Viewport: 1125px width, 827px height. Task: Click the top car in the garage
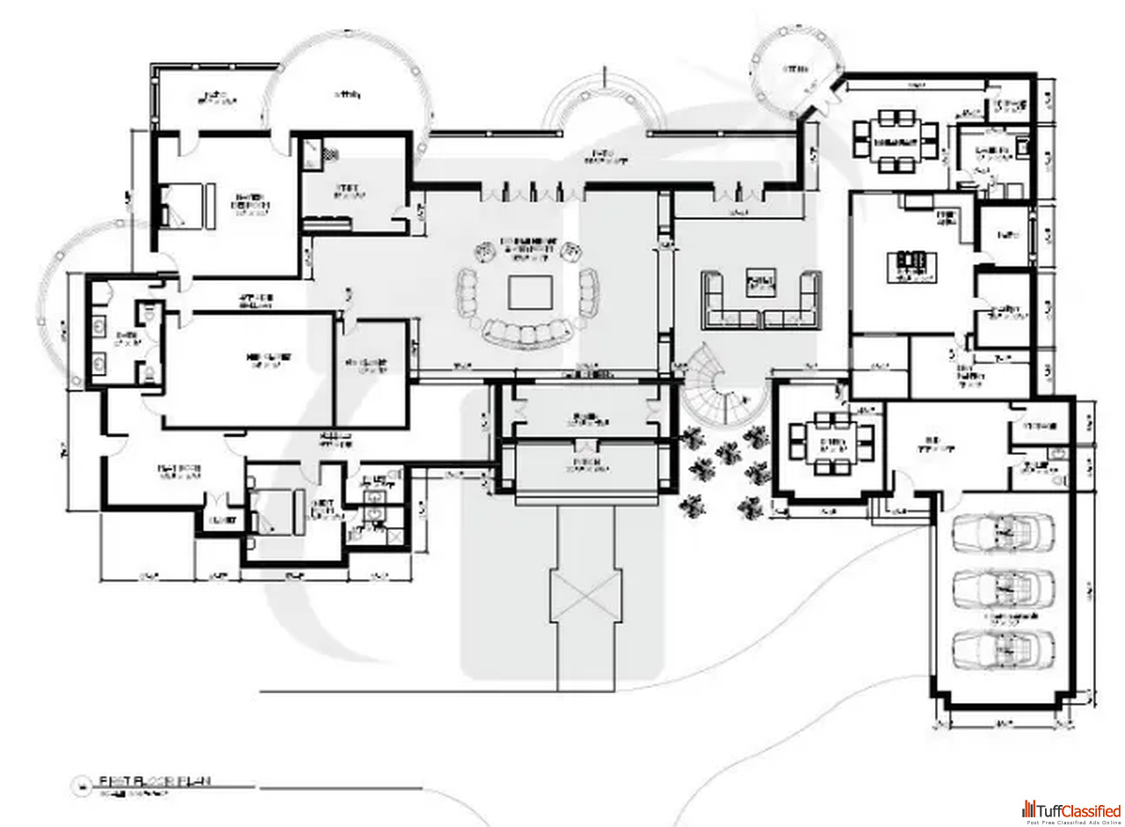coord(1003,531)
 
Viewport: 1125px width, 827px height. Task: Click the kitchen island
coord(910,262)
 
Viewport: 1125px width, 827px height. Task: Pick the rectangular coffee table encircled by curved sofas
coord(530,291)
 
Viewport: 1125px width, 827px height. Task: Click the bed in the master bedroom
coord(185,205)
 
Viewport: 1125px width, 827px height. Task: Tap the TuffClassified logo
coord(1071,810)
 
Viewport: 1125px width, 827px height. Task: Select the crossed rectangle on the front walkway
coord(585,595)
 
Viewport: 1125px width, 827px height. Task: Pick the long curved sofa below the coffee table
coord(527,332)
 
